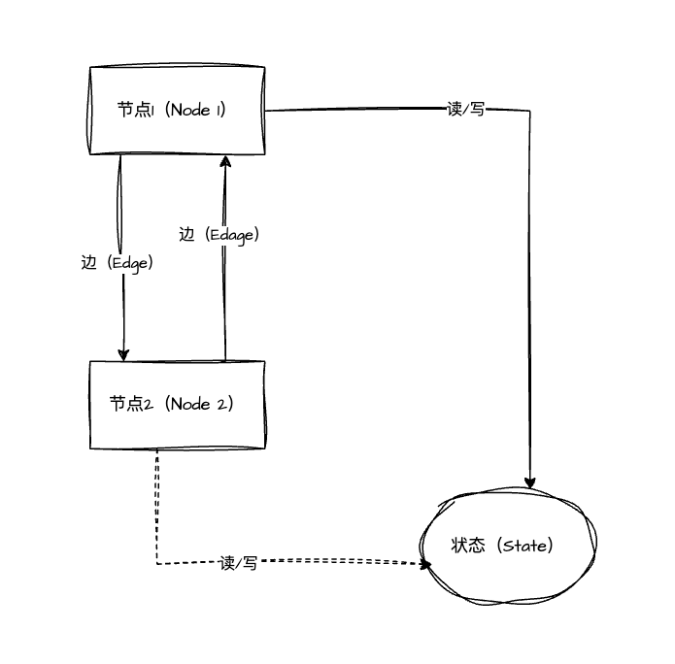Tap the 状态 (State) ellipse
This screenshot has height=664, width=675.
[x=508, y=546]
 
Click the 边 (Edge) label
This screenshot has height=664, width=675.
[x=118, y=262]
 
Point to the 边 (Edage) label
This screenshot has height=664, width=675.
[x=219, y=234]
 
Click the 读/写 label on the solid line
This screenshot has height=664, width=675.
[x=465, y=109]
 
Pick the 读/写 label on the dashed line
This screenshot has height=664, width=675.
[x=238, y=562]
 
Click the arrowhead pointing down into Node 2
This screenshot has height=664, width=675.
[x=123, y=353]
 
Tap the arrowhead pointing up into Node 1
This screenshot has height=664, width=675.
[x=225, y=162]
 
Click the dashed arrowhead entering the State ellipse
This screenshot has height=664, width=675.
[x=424, y=562]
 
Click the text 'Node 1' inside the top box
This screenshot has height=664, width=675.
[x=195, y=110]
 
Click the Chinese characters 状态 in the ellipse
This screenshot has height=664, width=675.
[x=467, y=546]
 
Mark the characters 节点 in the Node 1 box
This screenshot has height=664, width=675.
[x=134, y=110]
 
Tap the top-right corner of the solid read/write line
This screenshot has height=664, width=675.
[x=529, y=111]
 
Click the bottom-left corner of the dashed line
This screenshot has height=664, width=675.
[x=157, y=563]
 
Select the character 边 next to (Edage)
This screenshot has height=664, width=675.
[x=187, y=234]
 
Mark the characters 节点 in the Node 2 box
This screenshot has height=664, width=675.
[x=126, y=404]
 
